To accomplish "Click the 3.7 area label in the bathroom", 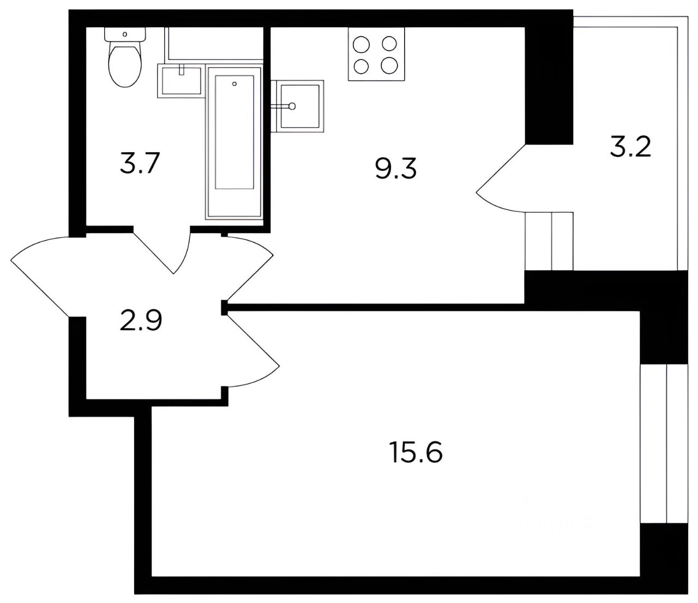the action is (x=139, y=163).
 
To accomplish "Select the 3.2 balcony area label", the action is (x=630, y=147).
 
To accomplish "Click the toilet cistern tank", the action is (x=125, y=34).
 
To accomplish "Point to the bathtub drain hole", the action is (x=234, y=83).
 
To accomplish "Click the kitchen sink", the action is (x=298, y=106).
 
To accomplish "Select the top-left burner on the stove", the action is (x=362, y=45).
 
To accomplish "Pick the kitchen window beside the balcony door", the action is (x=549, y=241).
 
